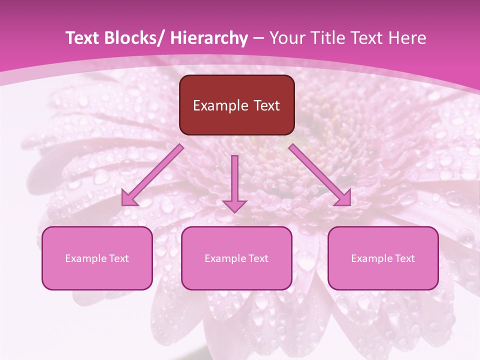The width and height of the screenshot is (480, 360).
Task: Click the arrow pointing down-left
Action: tap(153, 175)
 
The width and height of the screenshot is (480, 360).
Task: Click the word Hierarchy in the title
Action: tap(209, 38)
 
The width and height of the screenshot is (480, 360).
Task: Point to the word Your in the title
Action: tap(285, 38)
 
